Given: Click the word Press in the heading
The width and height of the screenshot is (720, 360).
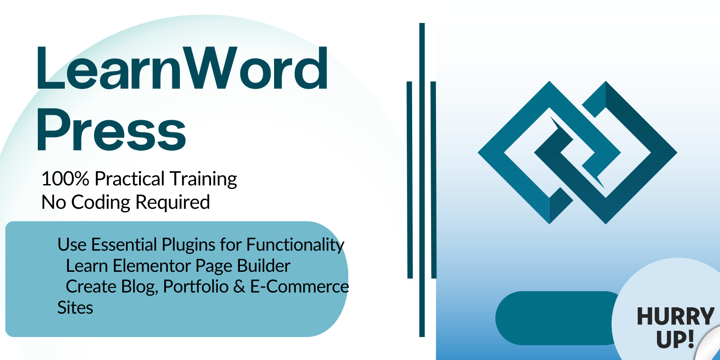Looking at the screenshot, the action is [x=111, y=130].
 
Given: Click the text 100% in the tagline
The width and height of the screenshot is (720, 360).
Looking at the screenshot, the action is [x=65, y=179].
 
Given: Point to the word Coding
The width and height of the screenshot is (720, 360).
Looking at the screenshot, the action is [x=100, y=202].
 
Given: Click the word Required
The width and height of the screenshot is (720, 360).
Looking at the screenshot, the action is [x=173, y=202].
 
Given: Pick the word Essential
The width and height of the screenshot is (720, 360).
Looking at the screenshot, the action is [x=123, y=245].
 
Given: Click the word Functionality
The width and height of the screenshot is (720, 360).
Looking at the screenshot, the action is [x=295, y=245].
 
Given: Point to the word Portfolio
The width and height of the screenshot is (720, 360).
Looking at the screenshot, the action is [x=196, y=287].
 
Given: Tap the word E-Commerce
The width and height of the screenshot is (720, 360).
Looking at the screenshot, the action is [x=300, y=287].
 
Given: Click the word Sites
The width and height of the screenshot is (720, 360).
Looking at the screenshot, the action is [x=75, y=308].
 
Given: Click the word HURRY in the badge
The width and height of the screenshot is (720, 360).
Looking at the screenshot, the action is [x=675, y=316].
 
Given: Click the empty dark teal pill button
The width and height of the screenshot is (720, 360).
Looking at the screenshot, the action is [x=556, y=318].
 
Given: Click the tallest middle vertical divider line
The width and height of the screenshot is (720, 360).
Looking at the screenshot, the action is [x=422, y=180].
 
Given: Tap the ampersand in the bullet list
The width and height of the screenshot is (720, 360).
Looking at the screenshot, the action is [x=239, y=287].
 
